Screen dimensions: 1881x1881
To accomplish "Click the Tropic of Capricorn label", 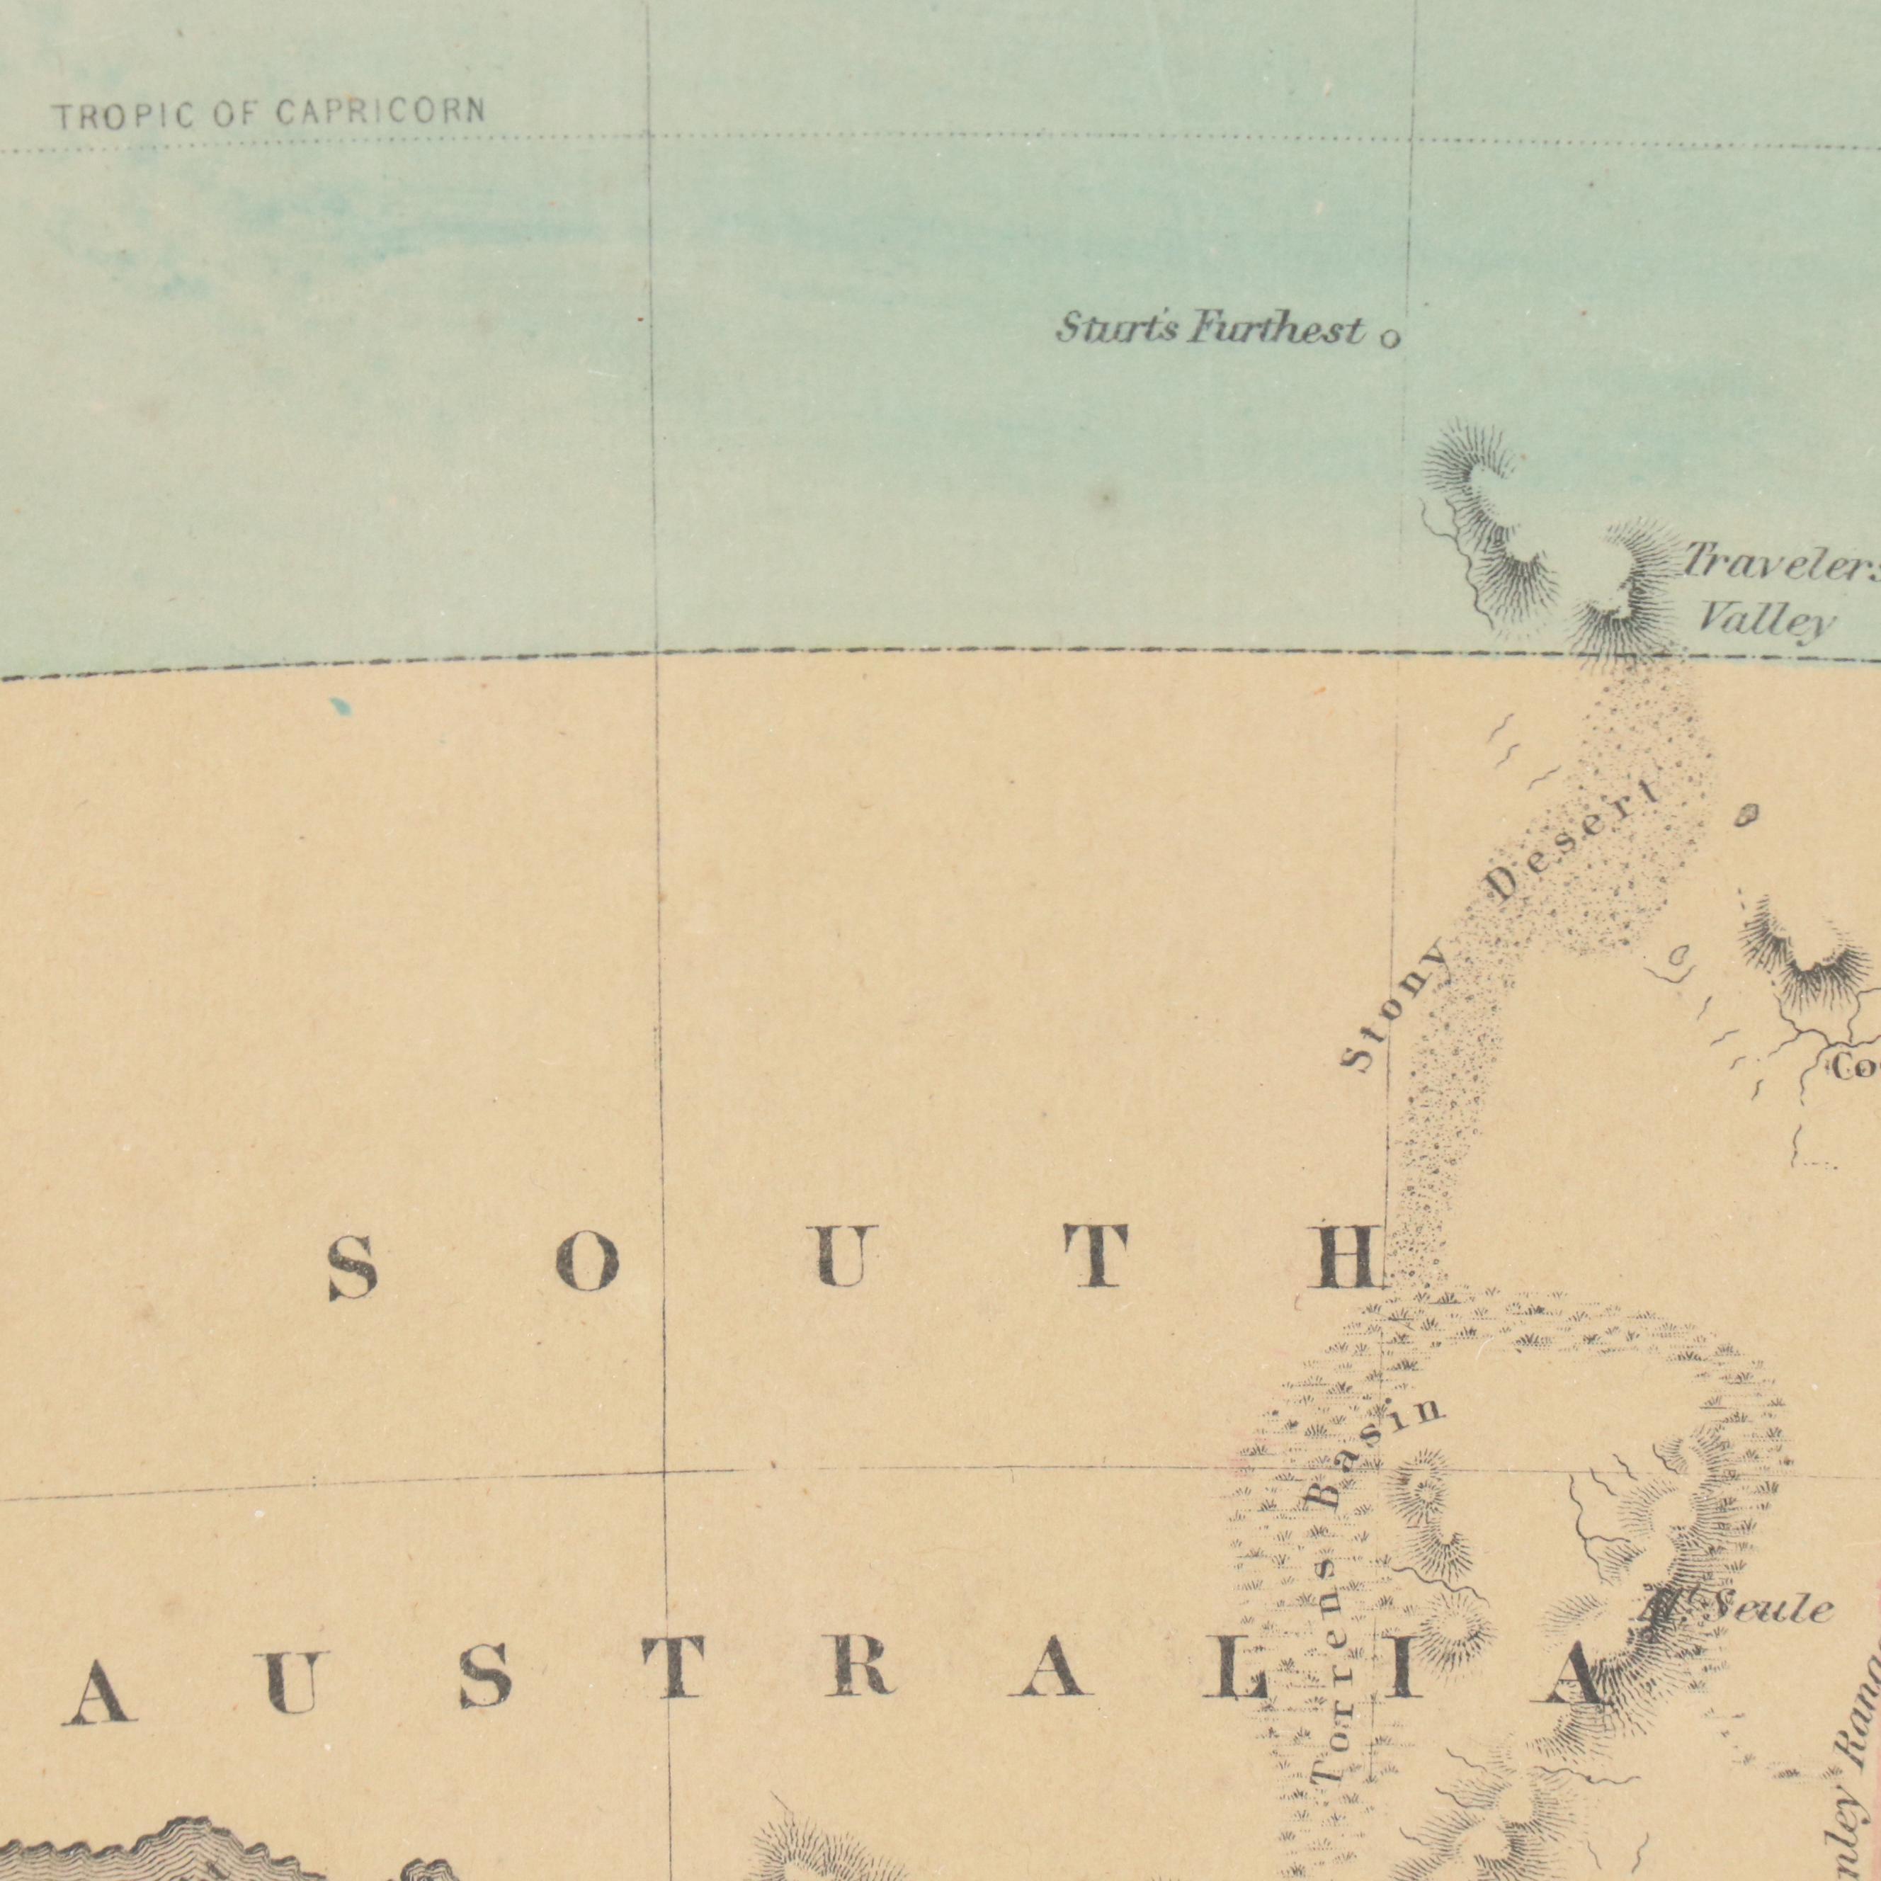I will point(268,115).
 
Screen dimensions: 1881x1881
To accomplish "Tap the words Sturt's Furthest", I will point(1209,330).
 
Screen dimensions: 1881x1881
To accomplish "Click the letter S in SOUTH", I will point(353,1268).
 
